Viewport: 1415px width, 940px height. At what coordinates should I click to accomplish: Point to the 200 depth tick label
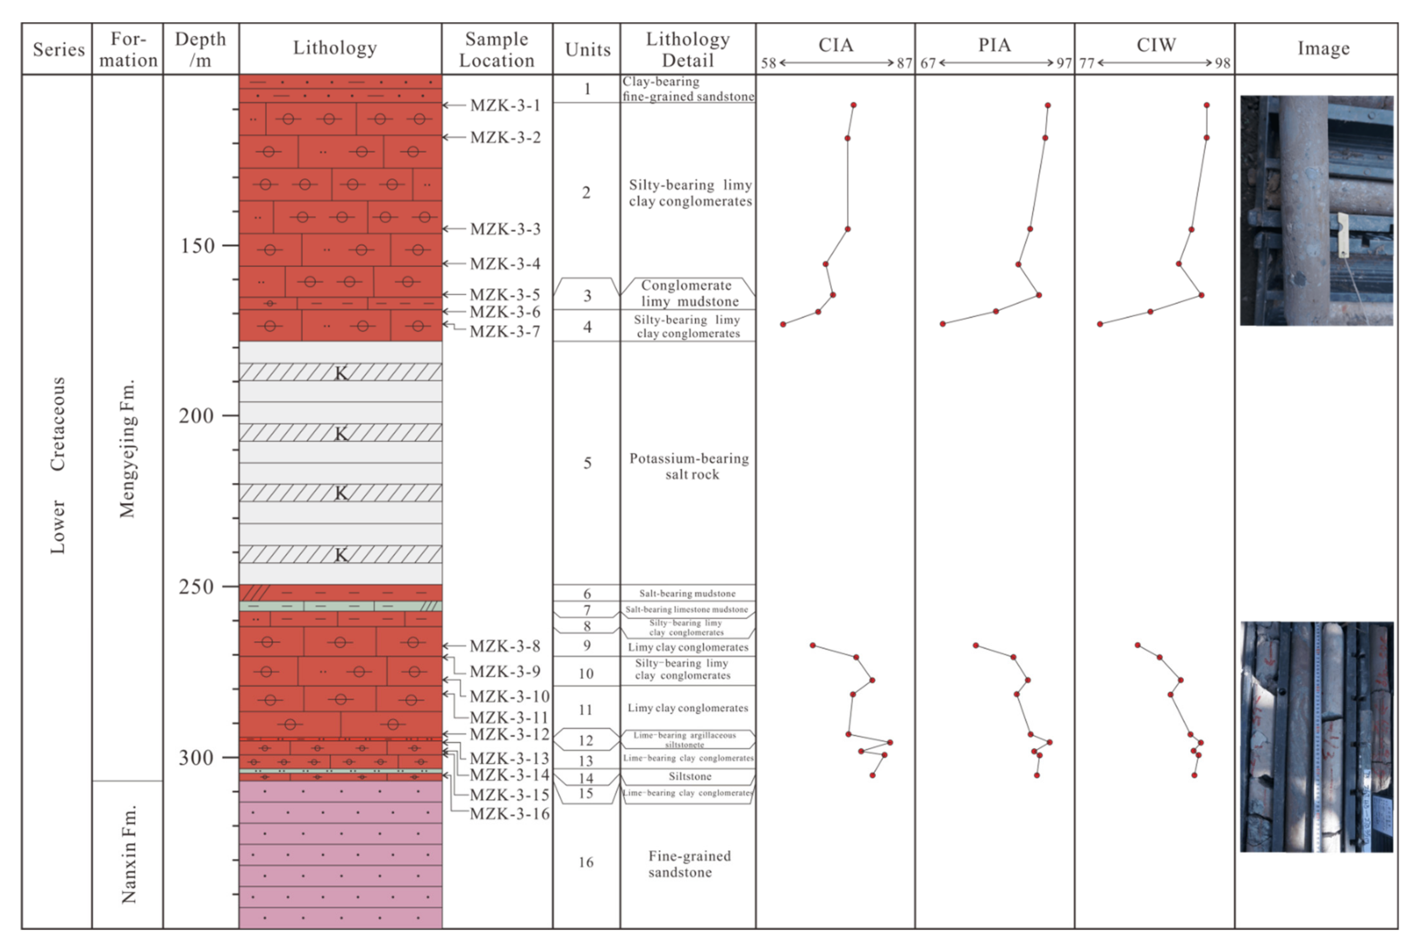[x=196, y=415]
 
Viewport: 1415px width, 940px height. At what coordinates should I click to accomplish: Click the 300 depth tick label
[x=196, y=758]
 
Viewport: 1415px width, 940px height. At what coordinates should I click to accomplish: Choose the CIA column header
[x=836, y=45]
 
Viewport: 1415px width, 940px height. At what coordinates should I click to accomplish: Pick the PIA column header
[x=994, y=45]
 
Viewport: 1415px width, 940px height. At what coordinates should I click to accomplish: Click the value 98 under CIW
[x=1223, y=63]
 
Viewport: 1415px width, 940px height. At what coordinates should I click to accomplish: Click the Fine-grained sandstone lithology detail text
[x=689, y=864]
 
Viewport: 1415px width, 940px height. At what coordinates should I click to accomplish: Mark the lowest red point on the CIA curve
[x=873, y=775]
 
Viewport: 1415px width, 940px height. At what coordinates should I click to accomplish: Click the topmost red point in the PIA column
[x=1048, y=105]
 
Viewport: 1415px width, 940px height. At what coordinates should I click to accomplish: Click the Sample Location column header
[x=497, y=49]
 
